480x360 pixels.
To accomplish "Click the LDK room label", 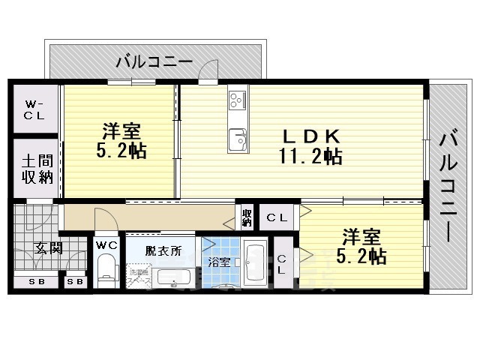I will pyautogui.click(x=311, y=136).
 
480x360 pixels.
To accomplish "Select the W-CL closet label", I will pyautogui.click(x=34, y=110).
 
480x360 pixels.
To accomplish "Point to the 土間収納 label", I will pyautogui.click(x=35, y=169).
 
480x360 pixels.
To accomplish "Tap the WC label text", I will pyautogui.click(x=105, y=244).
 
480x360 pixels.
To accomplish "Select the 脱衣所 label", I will pyautogui.click(x=163, y=250).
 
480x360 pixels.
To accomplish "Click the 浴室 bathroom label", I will pyautogui.click(x=220, y=263).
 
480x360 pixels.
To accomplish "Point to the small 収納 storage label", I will pyautogui.click(x=247, y=217).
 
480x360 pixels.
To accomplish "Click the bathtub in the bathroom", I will pyautogui.click(x=256, y=266).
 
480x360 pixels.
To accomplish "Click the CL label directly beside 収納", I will pyautogui.click(x=277, y=217).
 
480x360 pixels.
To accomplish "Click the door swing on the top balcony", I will pyautogui.click(x=209, y=72).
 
